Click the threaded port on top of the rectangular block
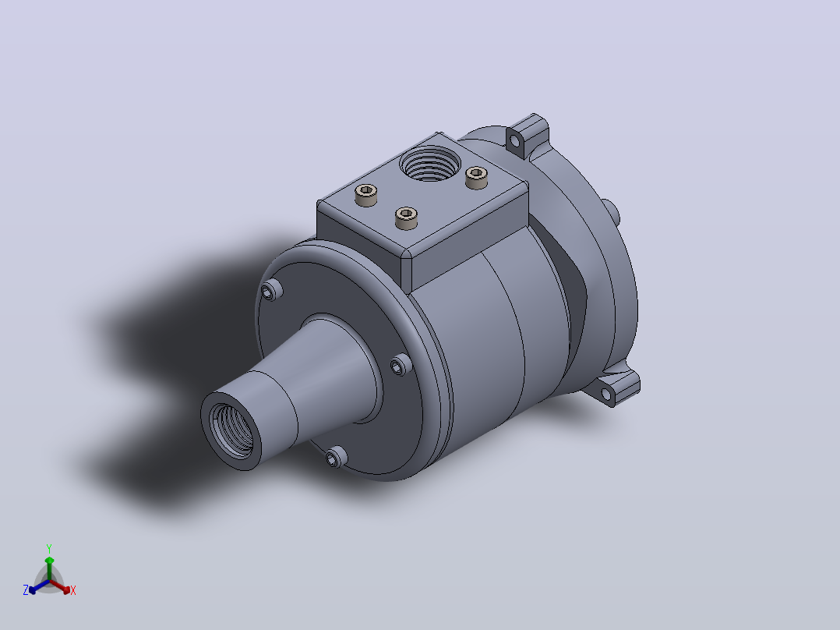(x=429, y=163)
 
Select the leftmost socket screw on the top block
(x=366, y=195)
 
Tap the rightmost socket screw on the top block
(x=476, y=178)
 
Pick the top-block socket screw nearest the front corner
(x=406, y=218)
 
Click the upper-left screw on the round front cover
(x=271, y=291)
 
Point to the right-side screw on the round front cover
(x=400, y=365)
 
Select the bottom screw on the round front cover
(x=336, y=457)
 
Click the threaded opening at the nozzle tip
(x=231, y=430)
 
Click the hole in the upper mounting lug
(x=515, y=142)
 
